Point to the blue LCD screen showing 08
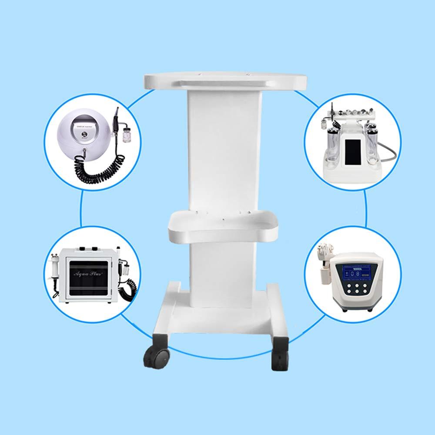[x=355, y=274]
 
